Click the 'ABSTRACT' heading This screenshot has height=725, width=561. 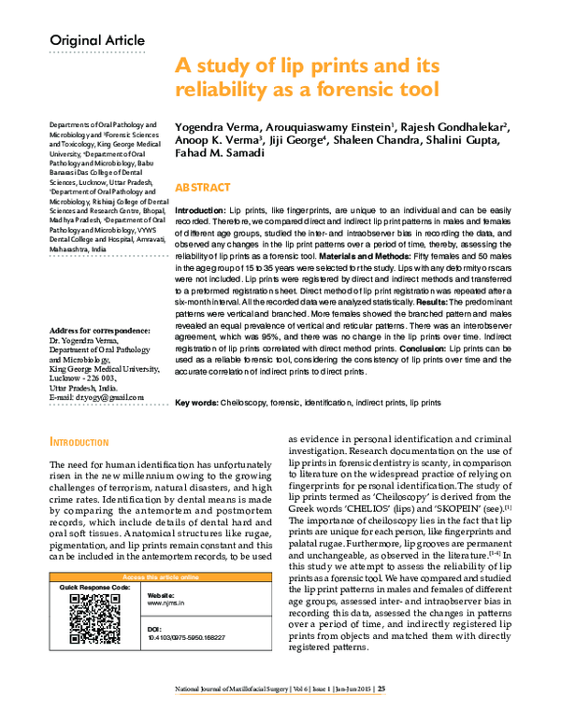click(205, 187)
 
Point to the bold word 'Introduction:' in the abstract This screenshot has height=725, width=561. click(200, 213)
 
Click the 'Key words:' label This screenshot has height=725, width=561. click(194, 402)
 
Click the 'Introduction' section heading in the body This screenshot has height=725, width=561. click(85, 441)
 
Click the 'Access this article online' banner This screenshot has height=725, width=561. click(155, 577)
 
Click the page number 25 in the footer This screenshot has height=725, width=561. click(381, 715)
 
